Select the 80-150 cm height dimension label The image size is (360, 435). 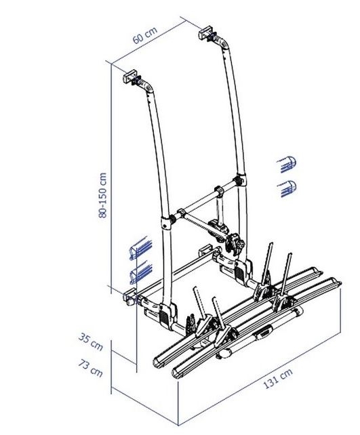(x=102, y=194)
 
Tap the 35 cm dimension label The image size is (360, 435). (x=95, y=342)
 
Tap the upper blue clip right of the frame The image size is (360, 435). (x=287, y=163)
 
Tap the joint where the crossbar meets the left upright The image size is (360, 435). (x=167, y=222)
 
